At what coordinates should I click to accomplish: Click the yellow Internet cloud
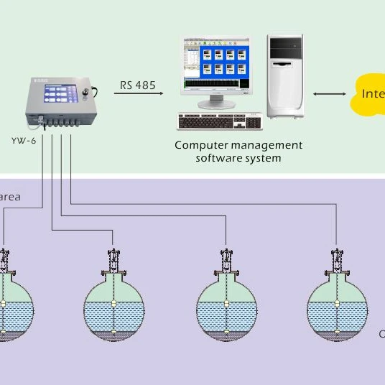point(368,93)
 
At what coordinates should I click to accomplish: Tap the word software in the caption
point(221,157)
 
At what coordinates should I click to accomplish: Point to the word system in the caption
point(264,157)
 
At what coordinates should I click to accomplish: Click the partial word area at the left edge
point(10,195)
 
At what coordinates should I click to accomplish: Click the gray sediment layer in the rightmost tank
point(337,334)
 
